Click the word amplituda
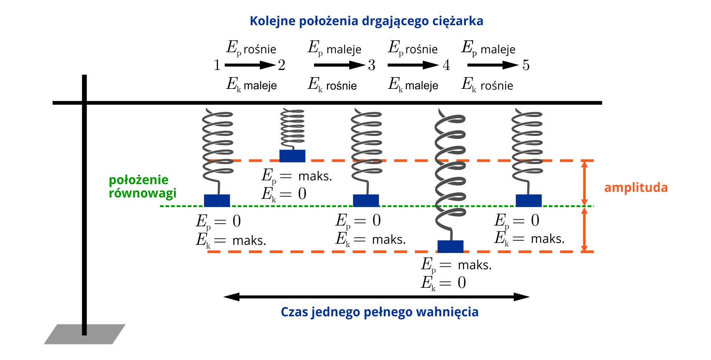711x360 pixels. [636, 187]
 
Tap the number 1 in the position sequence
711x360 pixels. [217, 65]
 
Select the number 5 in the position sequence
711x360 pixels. [526, 65]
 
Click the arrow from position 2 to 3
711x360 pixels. [339, 65]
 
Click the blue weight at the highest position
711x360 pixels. [292, 156]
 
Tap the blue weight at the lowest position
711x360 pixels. [450, 246]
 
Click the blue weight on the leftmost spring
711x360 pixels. [217, 200]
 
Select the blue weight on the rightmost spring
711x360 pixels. [528, 200]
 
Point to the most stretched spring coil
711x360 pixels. [450, 170]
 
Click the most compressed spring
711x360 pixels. [293, 128]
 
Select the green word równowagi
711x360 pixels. [143, 193]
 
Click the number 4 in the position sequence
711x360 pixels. [446, 65]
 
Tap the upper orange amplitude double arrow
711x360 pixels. [584, 183]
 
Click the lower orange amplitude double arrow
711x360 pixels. [584, 229]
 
